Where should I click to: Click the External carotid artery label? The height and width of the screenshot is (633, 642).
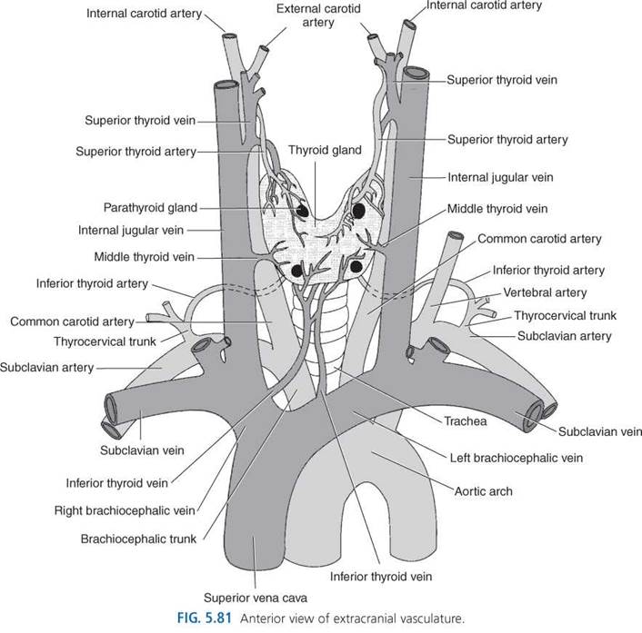pyautogui.click(x=318, y=15)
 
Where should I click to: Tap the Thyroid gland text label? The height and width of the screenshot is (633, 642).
pyautogui.click(x=325, y=150)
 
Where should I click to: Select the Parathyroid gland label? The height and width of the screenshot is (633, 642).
pyautogui.click(x=150, y=208)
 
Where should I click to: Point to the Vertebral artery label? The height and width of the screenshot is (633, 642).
pyautogui.click(x=545, y=292)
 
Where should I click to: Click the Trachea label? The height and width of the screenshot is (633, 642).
pyautogui.click(x=466, y=421)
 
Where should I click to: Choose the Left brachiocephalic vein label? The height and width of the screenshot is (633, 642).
pyautogui.click(x=516, y=458)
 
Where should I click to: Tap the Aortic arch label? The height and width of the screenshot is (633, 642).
pyautogui.click(x=483, y=491)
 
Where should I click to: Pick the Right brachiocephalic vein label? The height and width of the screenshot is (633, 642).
pyautogui.click(x=125, y=510)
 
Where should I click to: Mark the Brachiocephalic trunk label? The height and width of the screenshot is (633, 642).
pyautogui.click(x=138, y=539)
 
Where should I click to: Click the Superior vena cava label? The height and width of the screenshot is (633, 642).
pyautogui.click(x=256, y=598)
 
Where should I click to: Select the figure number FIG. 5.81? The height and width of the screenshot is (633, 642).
pyautogui.click(x=205, y=618)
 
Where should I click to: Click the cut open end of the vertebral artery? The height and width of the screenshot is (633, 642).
pyautogui.click(x=456, y=236)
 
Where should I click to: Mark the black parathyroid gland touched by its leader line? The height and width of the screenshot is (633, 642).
pyautogui.click(x=302, y=211)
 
